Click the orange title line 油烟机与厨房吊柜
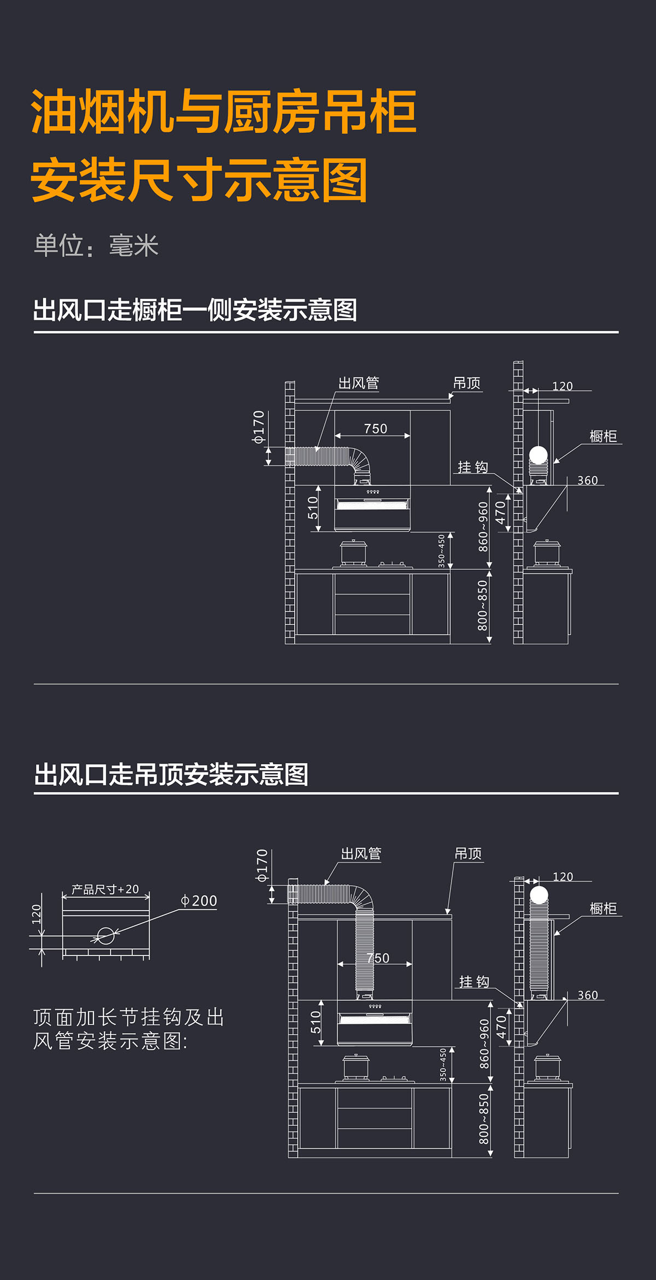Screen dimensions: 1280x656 224,112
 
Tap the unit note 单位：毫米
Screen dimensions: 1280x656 96,246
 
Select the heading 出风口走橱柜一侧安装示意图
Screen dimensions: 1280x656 195,310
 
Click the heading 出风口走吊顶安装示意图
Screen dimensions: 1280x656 171,775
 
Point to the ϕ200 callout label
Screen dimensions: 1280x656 199,901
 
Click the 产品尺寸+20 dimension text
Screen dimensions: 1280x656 106,889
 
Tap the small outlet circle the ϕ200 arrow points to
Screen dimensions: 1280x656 106,936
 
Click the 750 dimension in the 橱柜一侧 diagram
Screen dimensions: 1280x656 376,429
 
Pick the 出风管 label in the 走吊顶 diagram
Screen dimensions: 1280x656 361,854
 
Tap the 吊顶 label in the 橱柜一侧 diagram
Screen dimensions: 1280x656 467,384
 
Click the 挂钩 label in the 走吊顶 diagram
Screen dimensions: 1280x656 474,982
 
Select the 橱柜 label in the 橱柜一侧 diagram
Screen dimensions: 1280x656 603,436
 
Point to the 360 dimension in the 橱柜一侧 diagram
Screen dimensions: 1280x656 588,481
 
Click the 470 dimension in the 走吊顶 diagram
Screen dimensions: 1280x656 501,1027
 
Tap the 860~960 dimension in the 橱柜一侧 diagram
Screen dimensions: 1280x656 483,527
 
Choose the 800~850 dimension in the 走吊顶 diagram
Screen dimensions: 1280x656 484,1119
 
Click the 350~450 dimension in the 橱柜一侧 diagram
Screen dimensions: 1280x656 442,551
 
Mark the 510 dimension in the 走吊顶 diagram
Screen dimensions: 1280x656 316,1022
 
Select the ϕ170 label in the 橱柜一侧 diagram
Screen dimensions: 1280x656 259,427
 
